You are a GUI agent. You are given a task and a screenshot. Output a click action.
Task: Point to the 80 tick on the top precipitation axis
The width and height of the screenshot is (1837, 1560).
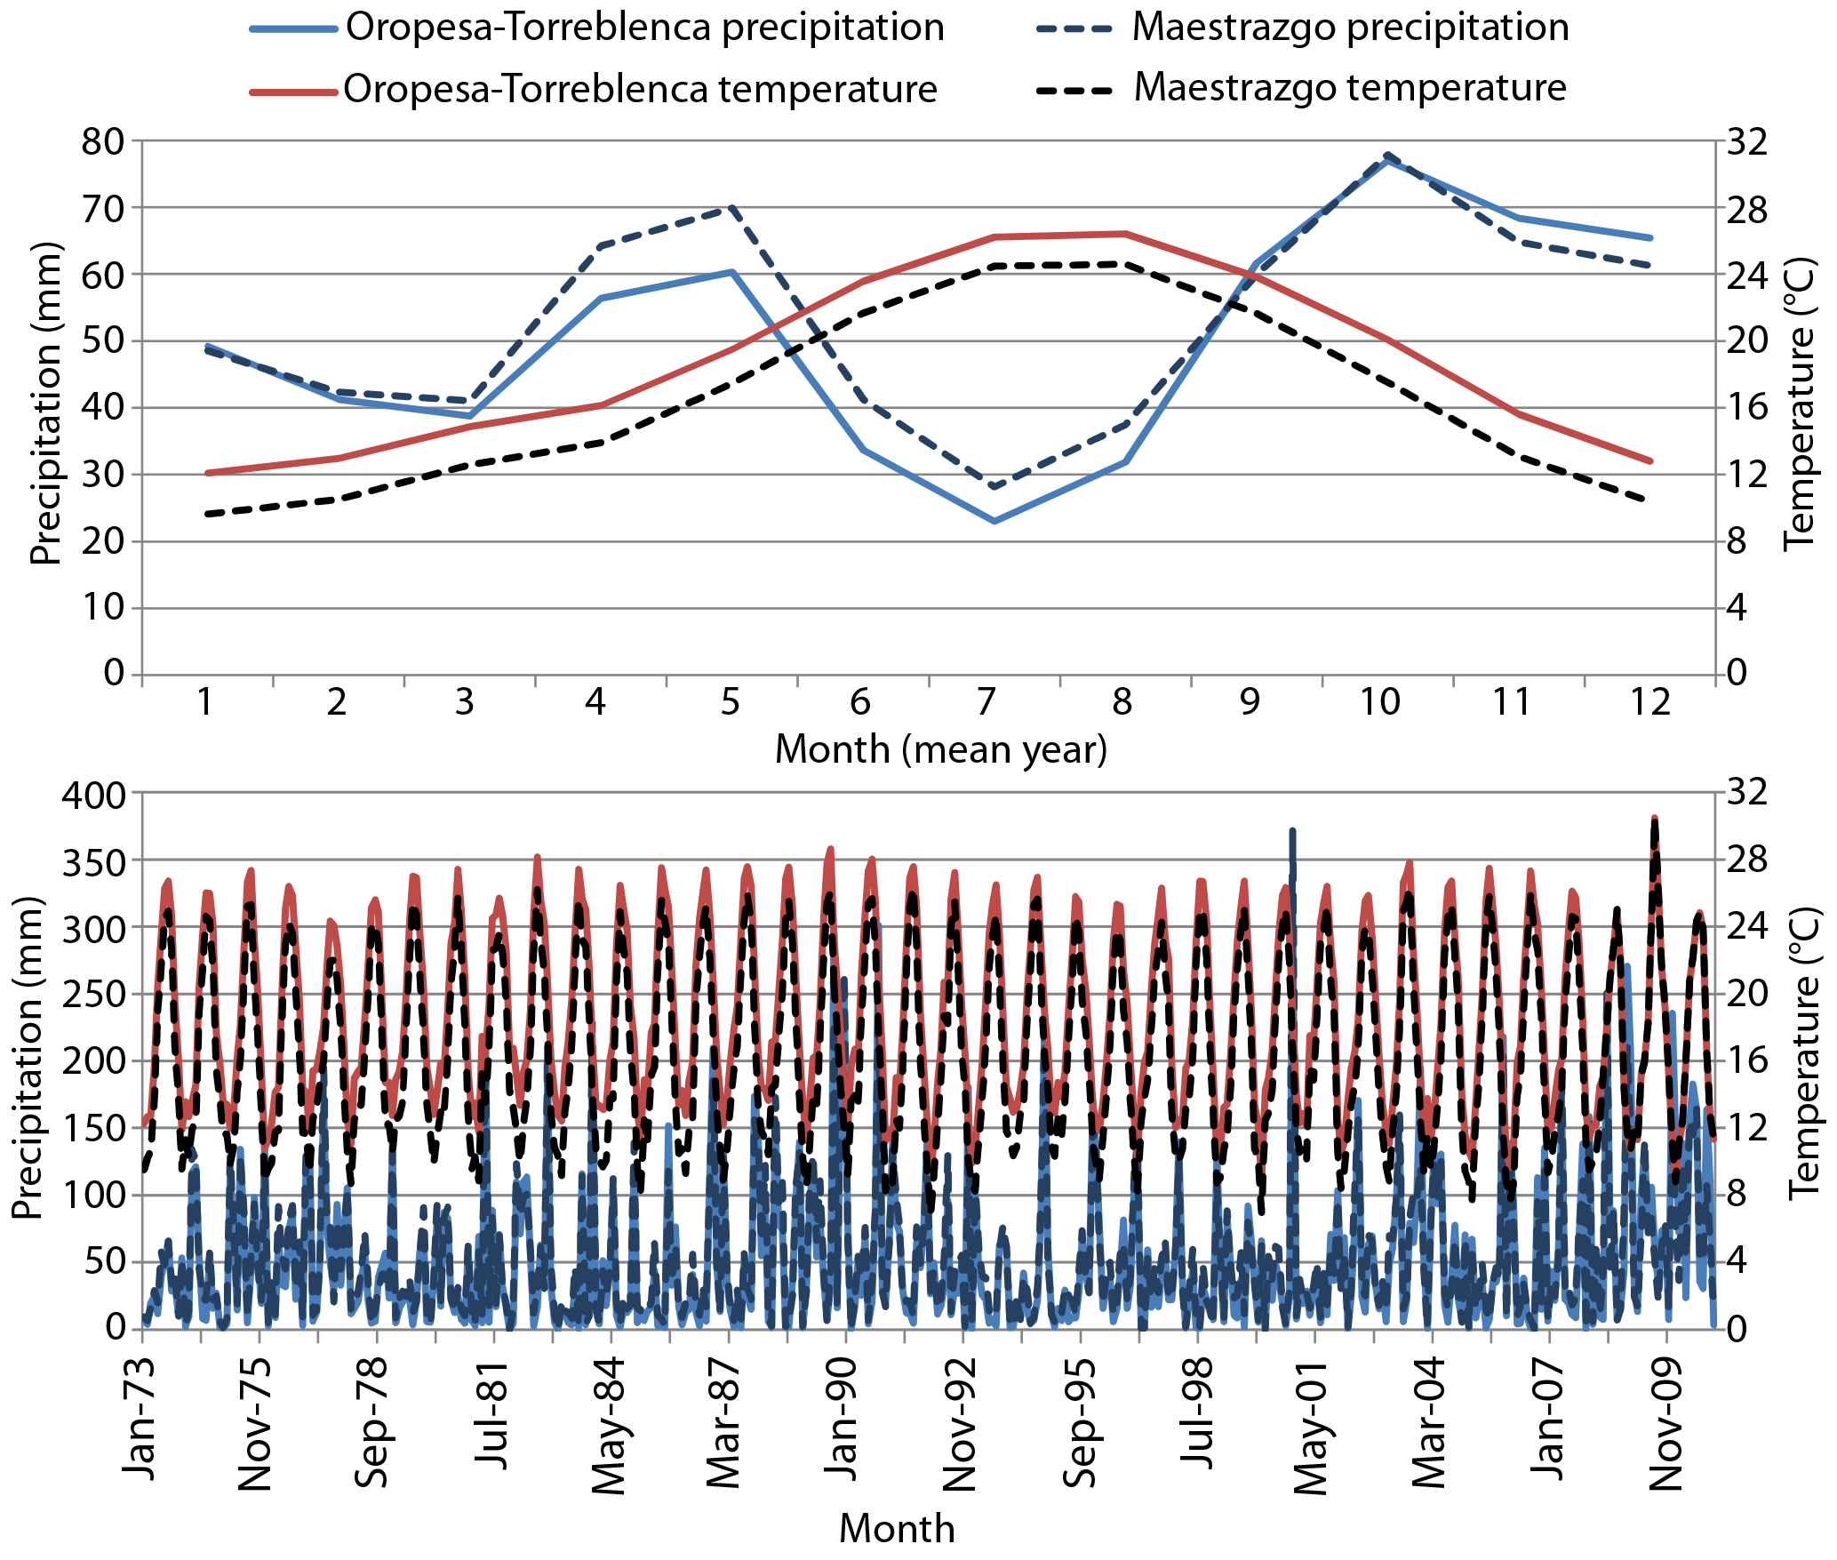(103, 141)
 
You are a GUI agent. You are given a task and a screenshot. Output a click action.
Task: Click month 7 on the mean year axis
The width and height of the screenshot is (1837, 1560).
(986, 703)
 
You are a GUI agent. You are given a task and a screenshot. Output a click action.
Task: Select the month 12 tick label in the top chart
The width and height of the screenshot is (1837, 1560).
(1650, 703)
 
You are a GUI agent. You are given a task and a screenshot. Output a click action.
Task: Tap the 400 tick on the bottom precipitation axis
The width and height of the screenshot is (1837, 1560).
(93, 794)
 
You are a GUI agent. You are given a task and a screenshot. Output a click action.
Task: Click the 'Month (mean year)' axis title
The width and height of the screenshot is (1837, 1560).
(941, 750)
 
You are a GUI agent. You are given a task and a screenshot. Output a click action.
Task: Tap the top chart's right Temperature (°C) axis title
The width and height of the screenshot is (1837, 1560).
(1797, 404)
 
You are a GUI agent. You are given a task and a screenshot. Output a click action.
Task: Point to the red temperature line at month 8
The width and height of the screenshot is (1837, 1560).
(1126, 234)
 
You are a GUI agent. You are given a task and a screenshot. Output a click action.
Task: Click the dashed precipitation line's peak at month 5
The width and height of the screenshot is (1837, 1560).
(731, 207)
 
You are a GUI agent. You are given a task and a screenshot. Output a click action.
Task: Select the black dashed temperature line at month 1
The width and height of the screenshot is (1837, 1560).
(206, 514)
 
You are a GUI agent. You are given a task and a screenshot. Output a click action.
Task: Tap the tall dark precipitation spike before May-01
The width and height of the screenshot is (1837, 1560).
(1292, 832)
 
